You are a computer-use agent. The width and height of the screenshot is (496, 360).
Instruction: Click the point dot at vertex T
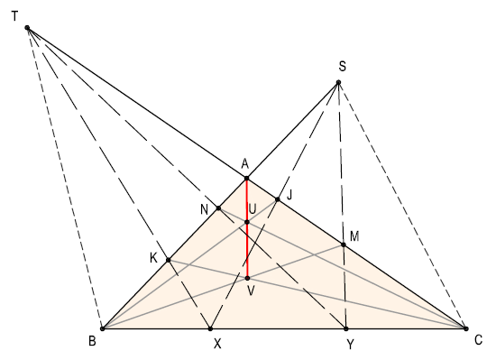tap(28, 28)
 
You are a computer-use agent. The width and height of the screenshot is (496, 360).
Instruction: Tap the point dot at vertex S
tap(338, 83)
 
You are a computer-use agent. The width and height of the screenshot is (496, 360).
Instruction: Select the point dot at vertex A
tap(246, 178)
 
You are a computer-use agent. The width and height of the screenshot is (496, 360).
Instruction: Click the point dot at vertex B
tap(102, 328)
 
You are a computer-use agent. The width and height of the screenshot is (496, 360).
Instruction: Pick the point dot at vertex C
tap(465, 328)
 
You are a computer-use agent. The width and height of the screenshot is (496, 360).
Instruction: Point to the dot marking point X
tap(210, 328)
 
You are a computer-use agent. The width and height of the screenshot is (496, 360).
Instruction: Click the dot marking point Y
tap(346, 328)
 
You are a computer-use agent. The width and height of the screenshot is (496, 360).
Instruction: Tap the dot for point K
tap(169, 260)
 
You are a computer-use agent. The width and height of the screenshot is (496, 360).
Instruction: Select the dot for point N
tap(218, 208)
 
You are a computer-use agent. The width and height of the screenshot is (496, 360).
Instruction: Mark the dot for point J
tap(278, 199)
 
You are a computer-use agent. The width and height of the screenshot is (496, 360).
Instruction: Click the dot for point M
tap(343, 245)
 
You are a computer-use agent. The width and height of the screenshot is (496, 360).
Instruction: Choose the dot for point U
tap(246, 221)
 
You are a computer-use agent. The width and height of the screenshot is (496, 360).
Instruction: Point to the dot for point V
tap(247, 278)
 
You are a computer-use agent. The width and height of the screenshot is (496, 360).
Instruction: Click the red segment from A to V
tap(246, 248)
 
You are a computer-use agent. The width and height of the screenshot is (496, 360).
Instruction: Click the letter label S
tap(342, 67)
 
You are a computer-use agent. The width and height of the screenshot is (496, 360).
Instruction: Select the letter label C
tap(480, 340)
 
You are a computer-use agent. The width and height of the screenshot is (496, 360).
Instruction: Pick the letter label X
tap(216, 344)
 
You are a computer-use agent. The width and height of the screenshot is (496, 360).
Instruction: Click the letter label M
tap(354, 235)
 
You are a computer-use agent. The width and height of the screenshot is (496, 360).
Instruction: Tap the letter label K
tap(153, 258)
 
